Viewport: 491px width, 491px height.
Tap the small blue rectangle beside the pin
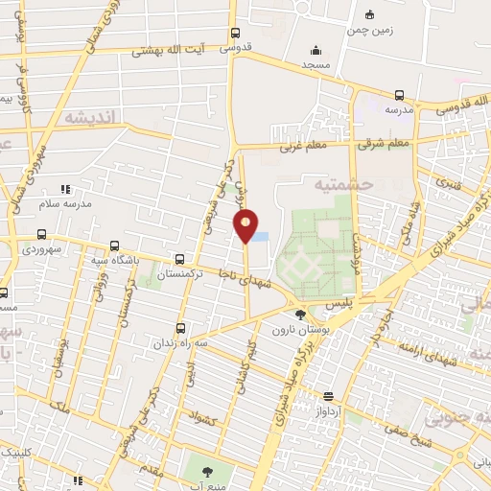pos(259,236)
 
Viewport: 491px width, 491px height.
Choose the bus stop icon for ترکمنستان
pos(179,259)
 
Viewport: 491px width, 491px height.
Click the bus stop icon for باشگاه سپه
pos(115,245)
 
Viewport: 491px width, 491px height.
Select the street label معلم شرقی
pos(384,144)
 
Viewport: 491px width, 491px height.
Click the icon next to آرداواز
pos(329,395)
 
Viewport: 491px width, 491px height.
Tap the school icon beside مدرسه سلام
pos(65,189)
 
